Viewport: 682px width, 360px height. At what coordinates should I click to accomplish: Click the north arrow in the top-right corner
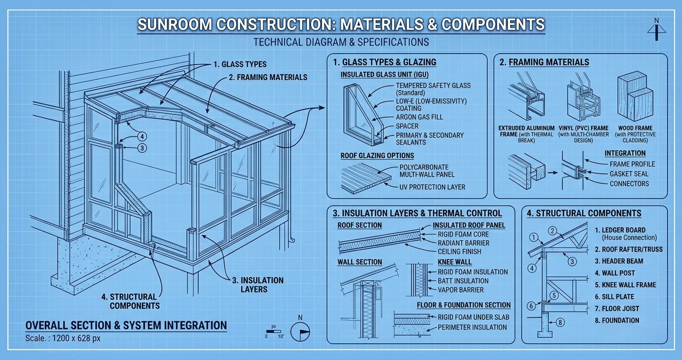[x=657, y=29]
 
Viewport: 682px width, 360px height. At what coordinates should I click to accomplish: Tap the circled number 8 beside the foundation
[x=560, y=322]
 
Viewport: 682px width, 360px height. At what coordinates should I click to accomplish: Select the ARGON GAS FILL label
[x=419, y=117]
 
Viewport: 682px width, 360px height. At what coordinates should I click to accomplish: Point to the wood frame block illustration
[x=635, y=96]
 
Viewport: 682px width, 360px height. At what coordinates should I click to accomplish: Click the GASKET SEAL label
[x=629, y=174]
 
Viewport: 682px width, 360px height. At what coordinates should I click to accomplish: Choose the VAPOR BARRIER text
[x=460, y=290]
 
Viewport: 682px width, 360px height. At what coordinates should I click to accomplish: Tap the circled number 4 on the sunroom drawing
[x=142, y=136]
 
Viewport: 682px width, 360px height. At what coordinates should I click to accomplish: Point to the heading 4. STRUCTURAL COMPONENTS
[x=584, y=214]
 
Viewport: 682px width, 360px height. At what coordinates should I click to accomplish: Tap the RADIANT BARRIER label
[x=464, y=243]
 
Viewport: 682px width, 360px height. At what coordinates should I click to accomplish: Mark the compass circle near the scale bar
[x=300, y=331]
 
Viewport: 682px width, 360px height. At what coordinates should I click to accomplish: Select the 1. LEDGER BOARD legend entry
[x=625, y=234]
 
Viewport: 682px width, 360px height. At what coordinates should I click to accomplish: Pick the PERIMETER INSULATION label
[x=472, y=327]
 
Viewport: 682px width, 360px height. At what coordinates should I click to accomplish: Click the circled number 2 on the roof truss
[x=553, y=231]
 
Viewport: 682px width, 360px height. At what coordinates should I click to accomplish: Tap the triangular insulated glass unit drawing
[x=364, y=114]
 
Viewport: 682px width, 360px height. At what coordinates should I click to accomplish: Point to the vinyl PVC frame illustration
[x=583, y=97]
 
